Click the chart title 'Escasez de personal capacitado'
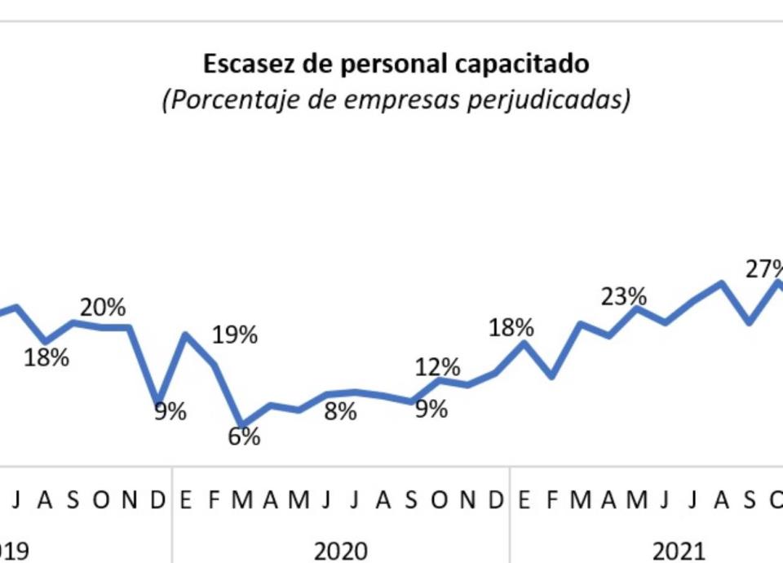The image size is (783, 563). pos(396,64)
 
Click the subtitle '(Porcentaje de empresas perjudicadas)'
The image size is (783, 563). pos(396,100)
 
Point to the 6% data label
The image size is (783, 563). pos(244,437)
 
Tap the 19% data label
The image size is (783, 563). pos(235,335)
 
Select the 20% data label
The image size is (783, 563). pos(103,308)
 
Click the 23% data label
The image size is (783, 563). pos(624,295)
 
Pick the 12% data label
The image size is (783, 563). pos(438,367)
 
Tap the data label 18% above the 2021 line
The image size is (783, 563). pos(511,328)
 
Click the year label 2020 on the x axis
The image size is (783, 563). pos(341,552)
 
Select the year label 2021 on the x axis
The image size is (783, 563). pos(679,552)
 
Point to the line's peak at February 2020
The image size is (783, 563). pos(187,335)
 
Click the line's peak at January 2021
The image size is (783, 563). pos(524,343)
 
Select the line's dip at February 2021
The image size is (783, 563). pos(553,377)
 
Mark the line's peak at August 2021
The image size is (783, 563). pos(722,283)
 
